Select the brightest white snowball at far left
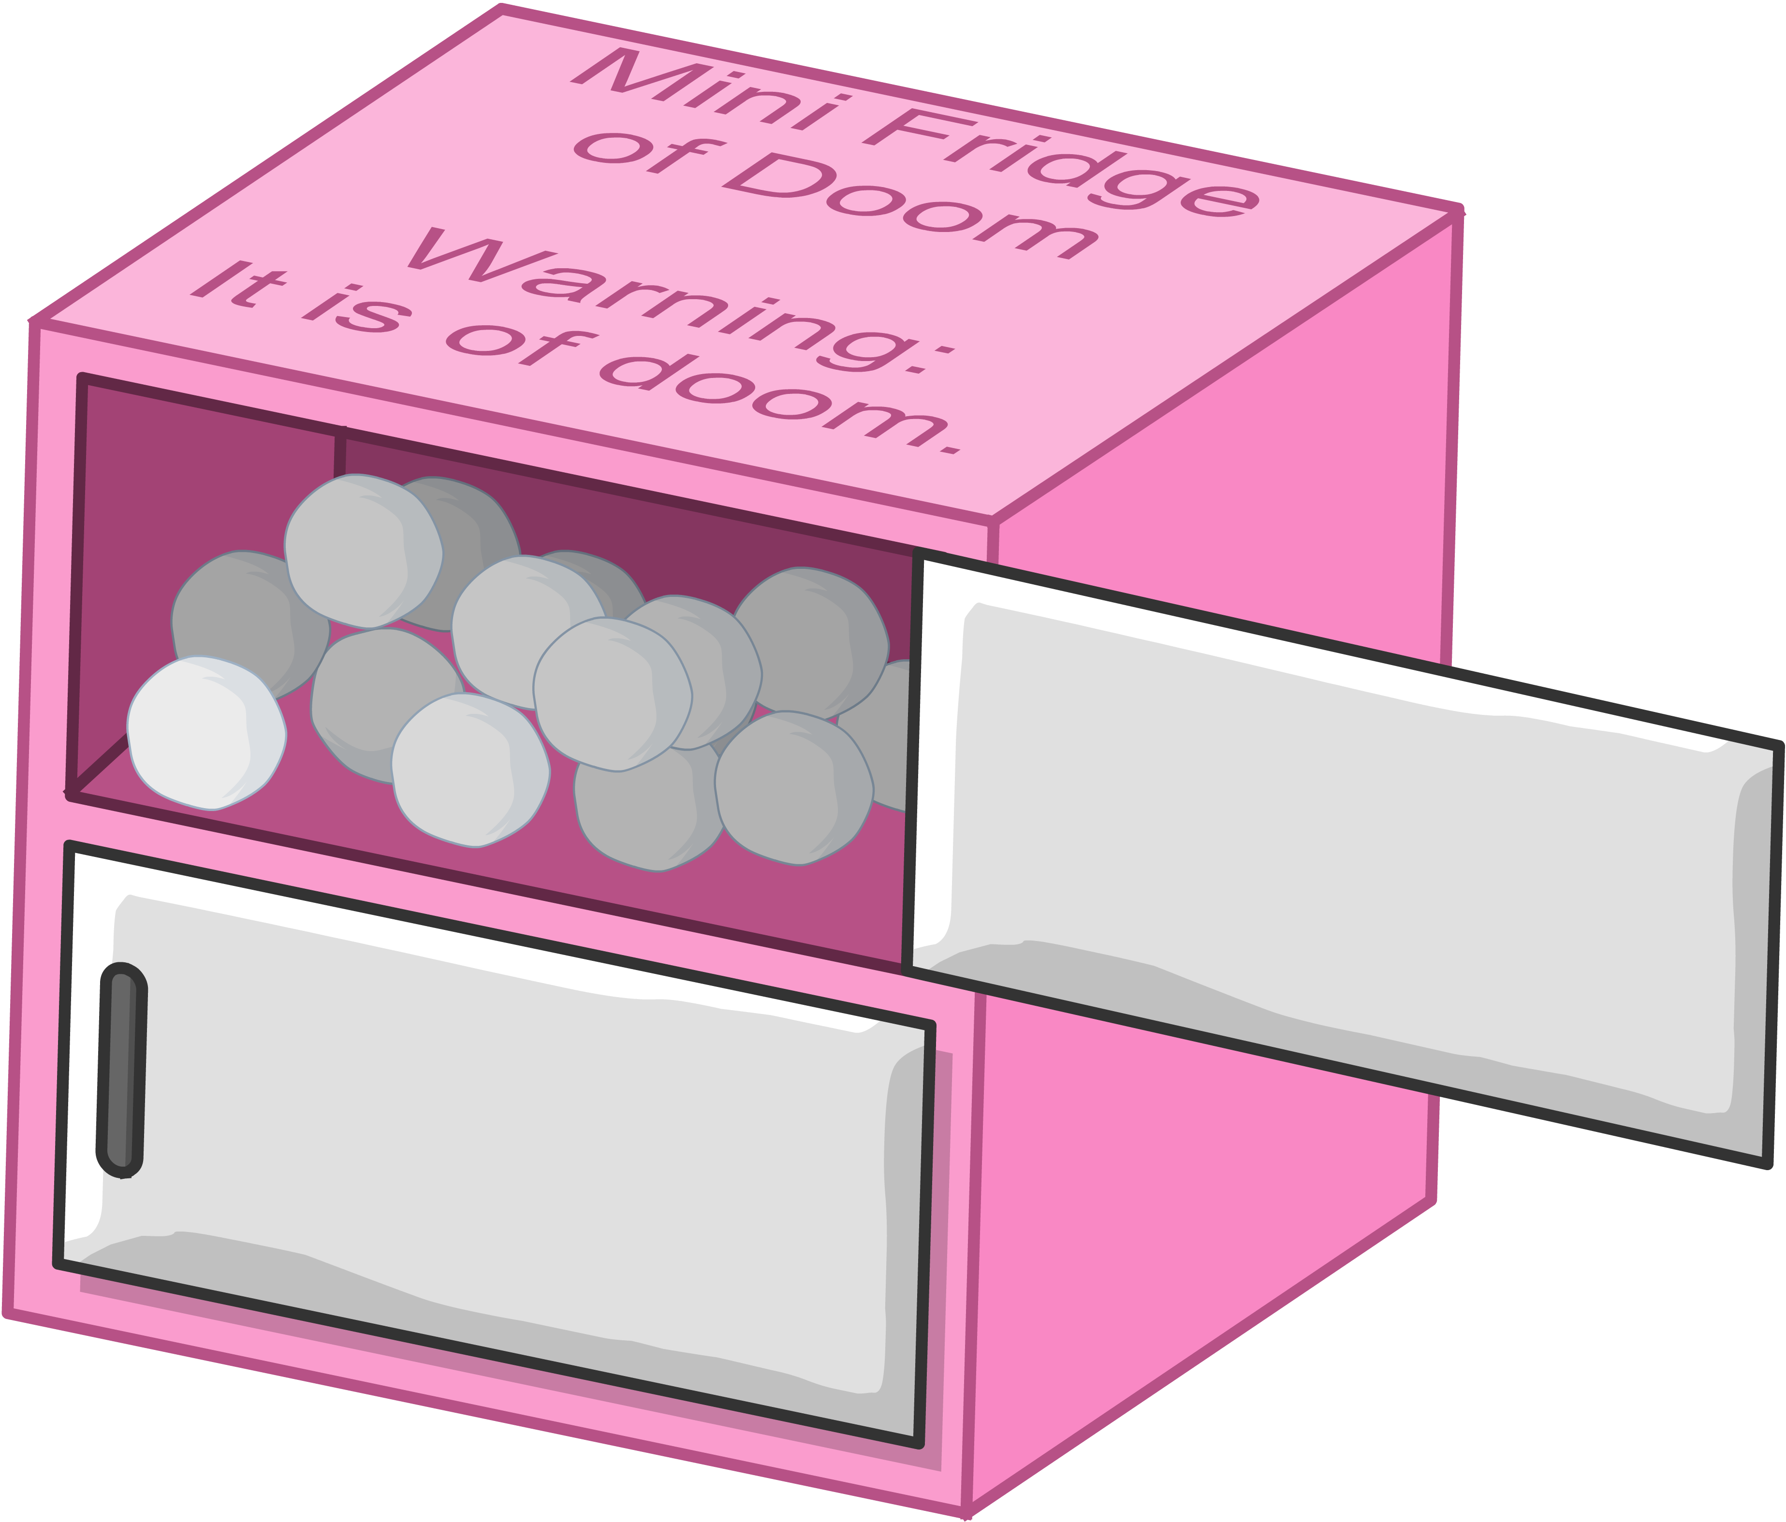(207, 733)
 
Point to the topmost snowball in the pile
(362, 551)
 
